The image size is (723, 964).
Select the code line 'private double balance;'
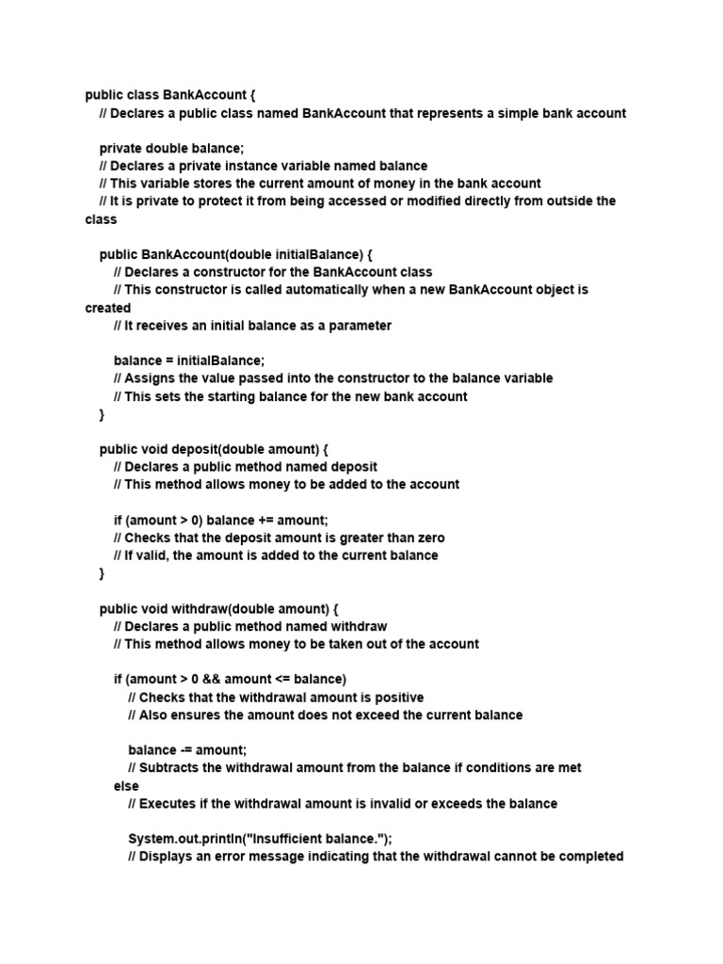171,148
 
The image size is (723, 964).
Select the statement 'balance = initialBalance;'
189,361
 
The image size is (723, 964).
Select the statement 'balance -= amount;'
187,750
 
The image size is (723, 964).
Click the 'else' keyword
126,786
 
